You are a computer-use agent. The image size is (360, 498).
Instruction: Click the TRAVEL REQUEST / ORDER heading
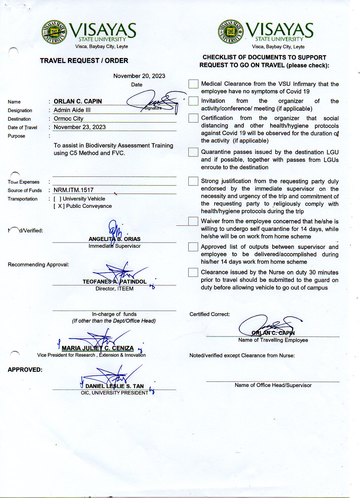coord(84,61)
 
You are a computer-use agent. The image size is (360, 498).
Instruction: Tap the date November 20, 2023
coord(139,76)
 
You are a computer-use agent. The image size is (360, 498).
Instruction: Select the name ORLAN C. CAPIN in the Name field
coord(78,101)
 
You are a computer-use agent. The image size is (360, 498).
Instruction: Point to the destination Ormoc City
coord(68,119)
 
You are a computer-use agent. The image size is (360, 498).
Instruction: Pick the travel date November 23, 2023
coord(80,127)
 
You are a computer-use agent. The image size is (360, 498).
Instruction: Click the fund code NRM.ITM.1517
coord(74,190)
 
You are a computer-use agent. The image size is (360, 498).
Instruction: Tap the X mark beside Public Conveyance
coord(60,206)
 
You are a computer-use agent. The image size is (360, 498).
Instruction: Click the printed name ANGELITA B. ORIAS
coord(115,239)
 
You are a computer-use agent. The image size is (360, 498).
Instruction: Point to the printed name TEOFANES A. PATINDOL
coord(115,282)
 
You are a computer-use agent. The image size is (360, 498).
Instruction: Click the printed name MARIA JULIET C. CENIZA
coord(98,348)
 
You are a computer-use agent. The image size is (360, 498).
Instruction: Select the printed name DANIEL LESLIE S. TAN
coord(115,386)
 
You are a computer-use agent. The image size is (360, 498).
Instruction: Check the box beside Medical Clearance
coord(193,84)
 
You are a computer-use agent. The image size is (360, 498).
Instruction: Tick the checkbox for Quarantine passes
coord(193,152)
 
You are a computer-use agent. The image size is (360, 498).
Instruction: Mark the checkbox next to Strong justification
coord(193,181)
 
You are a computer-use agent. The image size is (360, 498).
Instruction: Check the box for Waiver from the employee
coord(193,221)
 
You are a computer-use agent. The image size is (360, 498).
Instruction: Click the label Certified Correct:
coord(210,314)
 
